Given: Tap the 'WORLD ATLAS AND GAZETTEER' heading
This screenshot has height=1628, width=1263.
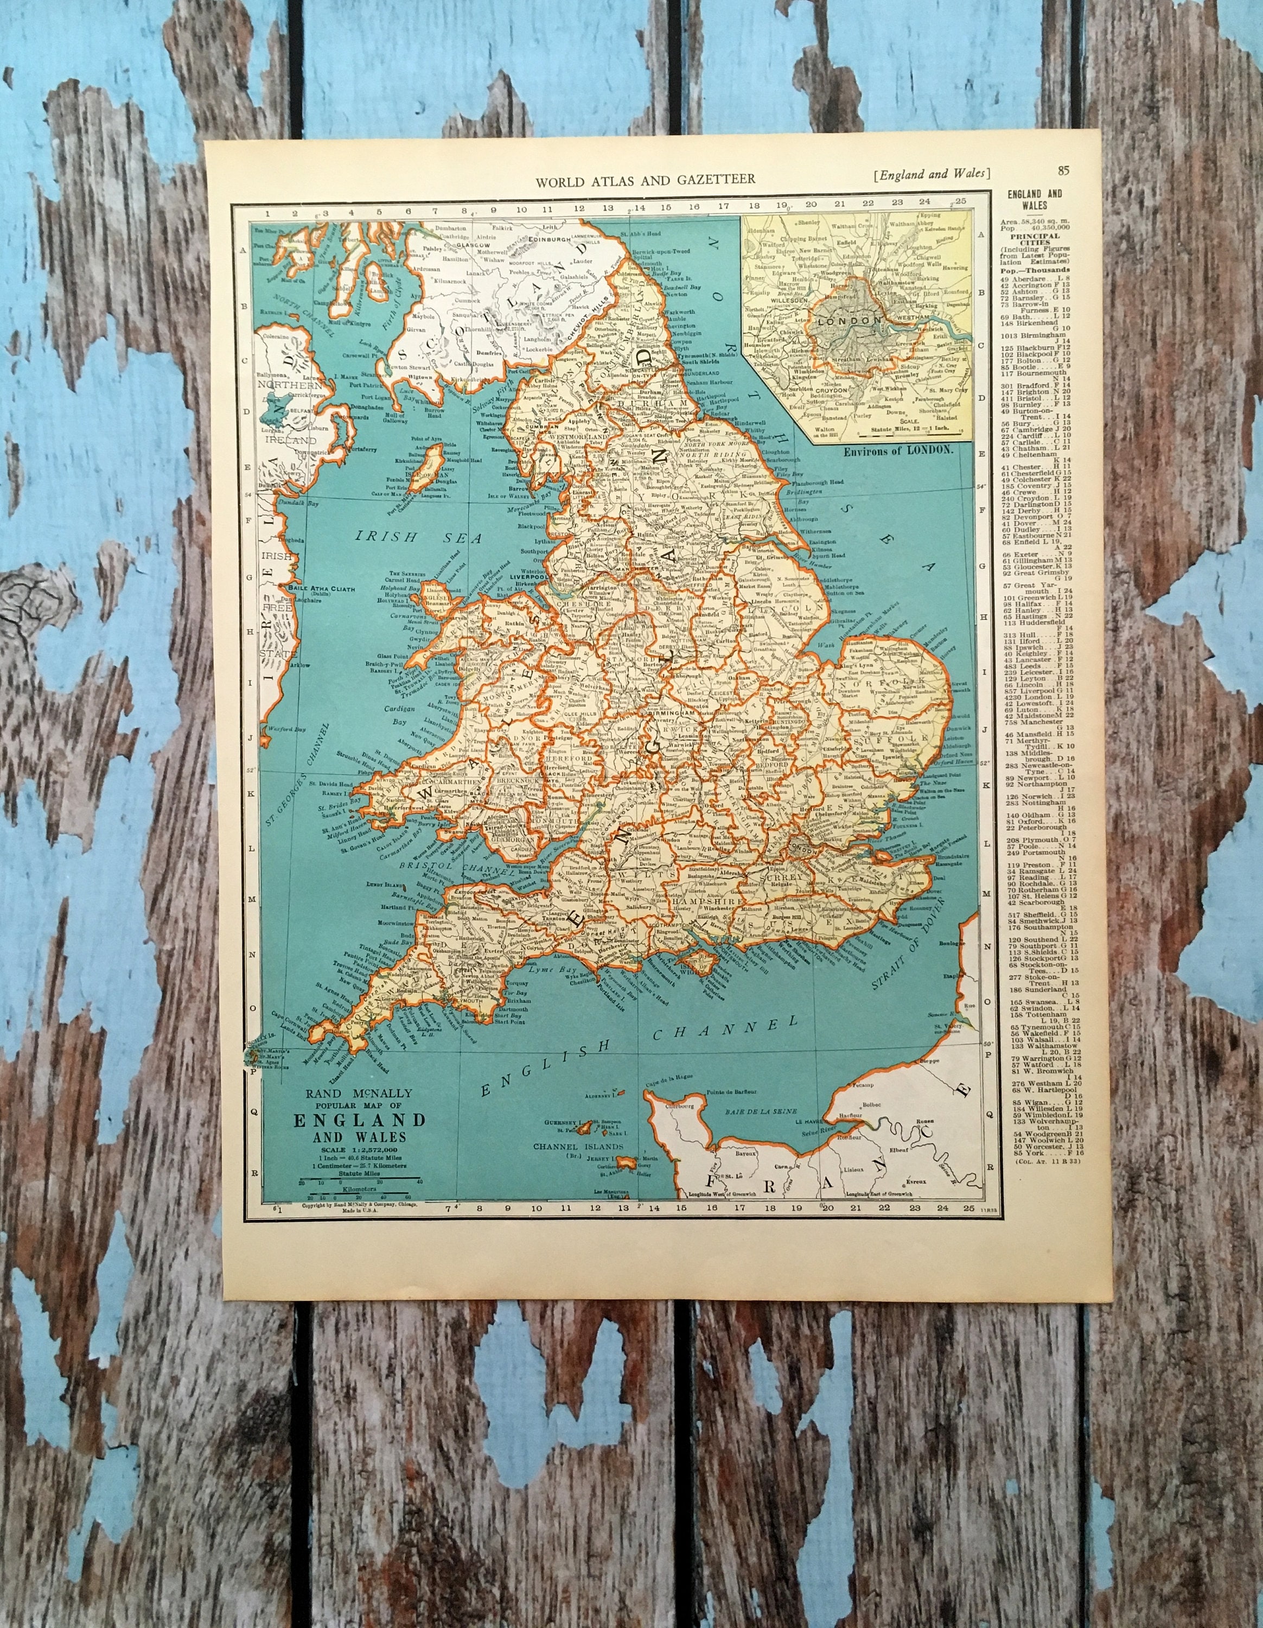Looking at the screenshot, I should (x=645, y=179).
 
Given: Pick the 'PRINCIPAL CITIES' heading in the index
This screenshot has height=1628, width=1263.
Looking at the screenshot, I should (x=1035, y=236).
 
